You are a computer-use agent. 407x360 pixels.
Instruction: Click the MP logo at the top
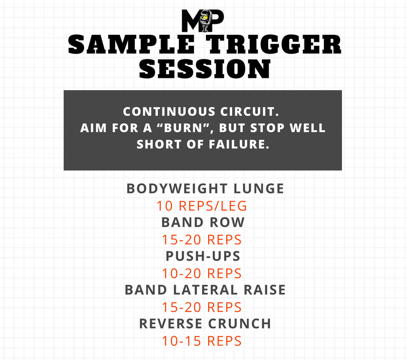click(202, 20)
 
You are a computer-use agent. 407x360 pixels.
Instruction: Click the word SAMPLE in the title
click(132, 45)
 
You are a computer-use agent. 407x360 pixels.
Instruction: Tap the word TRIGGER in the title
click(275, 45)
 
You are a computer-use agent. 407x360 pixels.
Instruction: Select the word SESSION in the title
click(205, 69)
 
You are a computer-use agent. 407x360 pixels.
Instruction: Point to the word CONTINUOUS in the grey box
click(169, 112)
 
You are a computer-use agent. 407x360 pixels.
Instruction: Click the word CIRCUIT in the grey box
click(250, 112)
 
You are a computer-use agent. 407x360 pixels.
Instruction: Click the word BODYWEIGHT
click(177, 188)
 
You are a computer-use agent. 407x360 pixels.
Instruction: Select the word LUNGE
click(259, 188)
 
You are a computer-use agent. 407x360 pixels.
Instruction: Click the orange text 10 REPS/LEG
click(201, 206)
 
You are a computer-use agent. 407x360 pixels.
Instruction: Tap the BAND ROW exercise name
click(203, 223)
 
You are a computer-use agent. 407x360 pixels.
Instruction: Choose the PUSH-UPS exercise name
click(203, 256)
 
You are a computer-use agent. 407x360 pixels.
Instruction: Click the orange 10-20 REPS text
click(201, 273)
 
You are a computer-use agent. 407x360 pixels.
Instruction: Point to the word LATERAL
click(206, 290)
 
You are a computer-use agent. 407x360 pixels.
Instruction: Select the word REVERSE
click(171, 324)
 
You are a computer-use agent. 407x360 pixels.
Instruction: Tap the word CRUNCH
click(239, 324)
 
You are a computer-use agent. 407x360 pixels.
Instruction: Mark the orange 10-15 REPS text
click(201, 341)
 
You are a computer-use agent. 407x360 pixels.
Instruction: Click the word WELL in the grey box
click(308, 128)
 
